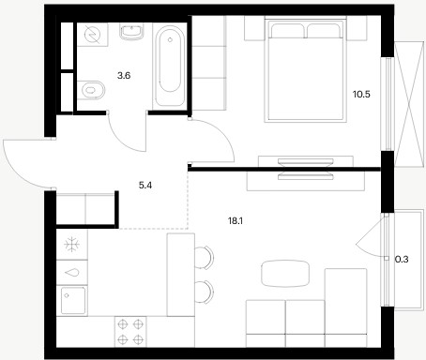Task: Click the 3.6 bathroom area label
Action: click(x=124, y=76)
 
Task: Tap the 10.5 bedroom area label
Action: click(x=361, y=94)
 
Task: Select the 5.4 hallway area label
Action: click(x=145, y=186)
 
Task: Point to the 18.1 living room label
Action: click(x=236, y=221)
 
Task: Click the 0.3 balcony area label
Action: click(x=402, y=260)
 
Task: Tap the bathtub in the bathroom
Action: click(x=170, y=66)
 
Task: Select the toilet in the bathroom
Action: click(x=91, y=90)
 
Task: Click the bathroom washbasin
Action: click(x=132, y=32)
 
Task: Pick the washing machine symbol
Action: click(x=93, y=35)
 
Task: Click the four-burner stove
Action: click(x=130, y=332)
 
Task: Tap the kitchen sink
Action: click(x=73, y=301)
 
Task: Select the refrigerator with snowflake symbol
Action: click(x=72, y=245)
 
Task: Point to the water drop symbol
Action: click(x=72, y=273)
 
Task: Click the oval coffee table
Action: click(x=285, y=274)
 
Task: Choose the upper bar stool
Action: click(x=204, y=257)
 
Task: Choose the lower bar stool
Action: click(x=204, y=292)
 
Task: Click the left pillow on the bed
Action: click(x=288, y=31)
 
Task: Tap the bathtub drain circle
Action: click(x=170, y=39)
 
